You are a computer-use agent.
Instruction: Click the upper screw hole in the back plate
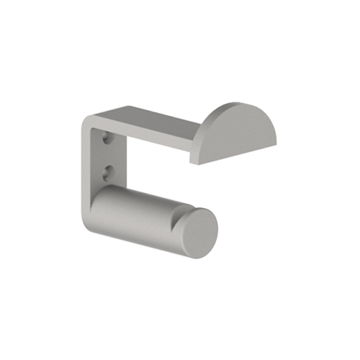pos(108,137)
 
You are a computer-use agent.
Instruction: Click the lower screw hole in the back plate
pos(108,171)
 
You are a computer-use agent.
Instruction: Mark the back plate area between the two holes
pos(108,154)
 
